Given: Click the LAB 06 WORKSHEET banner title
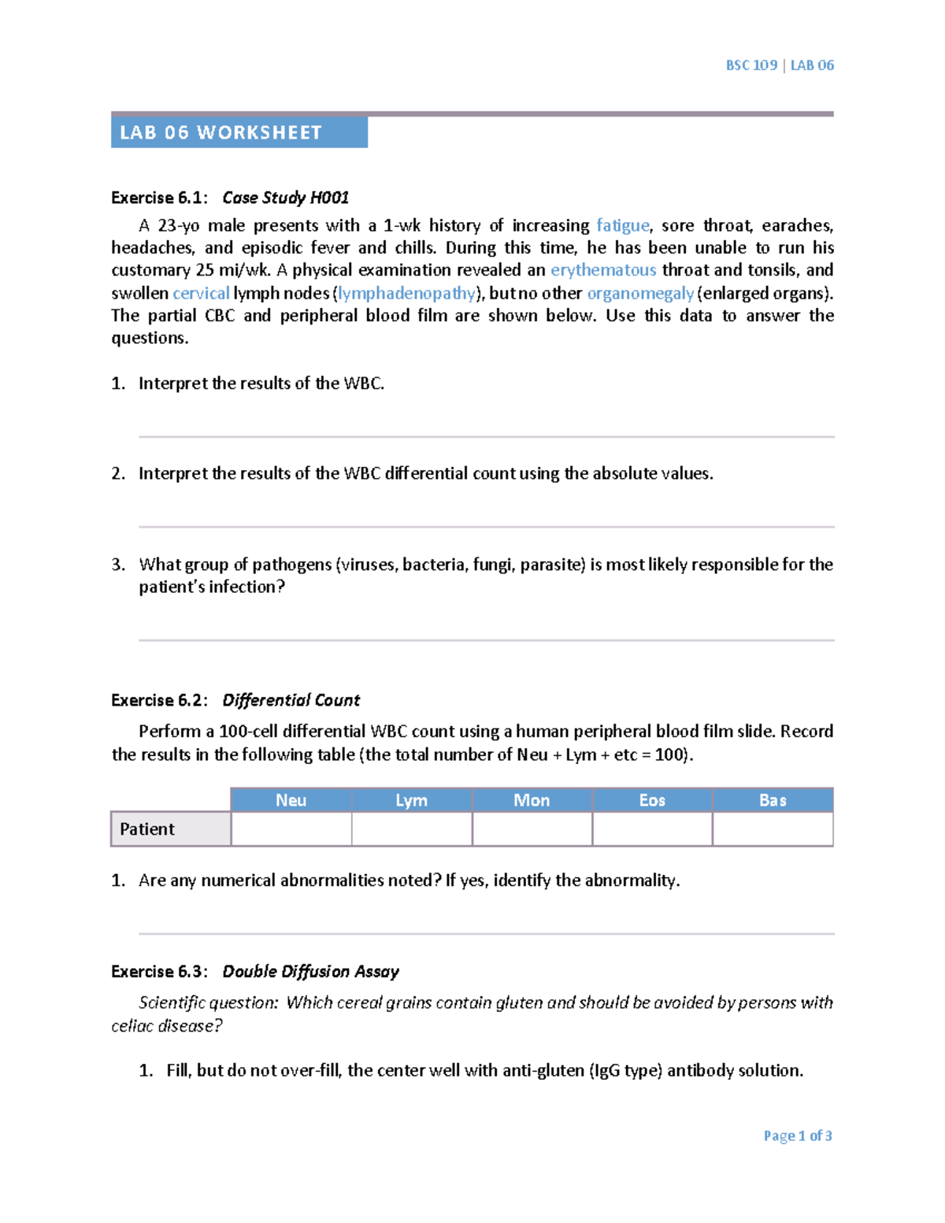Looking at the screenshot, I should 220,132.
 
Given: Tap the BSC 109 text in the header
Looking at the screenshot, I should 751,65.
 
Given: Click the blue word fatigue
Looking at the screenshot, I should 623,225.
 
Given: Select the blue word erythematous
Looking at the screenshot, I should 603,270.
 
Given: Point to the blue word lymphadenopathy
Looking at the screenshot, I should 406,293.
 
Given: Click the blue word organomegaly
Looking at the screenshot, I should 640,293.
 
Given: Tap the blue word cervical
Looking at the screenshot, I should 201,293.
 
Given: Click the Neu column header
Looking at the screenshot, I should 291,800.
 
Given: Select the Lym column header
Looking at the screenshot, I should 411,800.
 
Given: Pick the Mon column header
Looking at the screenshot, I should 532,800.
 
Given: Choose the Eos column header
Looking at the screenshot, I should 652,800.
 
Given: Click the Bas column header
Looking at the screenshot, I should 773,800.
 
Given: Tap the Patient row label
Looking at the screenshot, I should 147,829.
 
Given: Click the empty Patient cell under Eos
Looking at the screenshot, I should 652,829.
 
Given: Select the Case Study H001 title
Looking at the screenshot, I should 285,198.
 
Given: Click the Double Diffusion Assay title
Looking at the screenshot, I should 310,971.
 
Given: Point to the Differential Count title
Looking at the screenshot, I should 291,700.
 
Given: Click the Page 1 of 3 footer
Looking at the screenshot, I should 797,1136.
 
